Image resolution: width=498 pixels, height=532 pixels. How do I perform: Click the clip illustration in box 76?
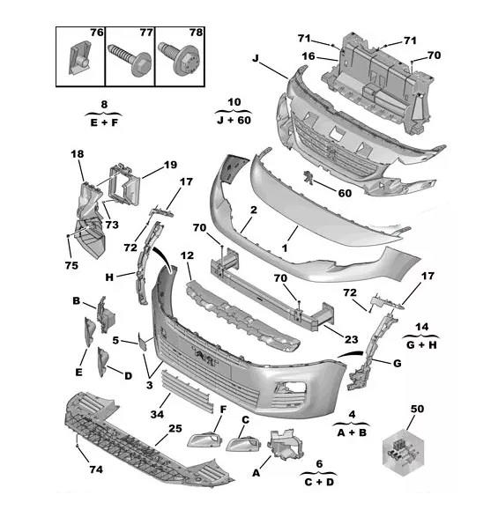[x=80, y=57]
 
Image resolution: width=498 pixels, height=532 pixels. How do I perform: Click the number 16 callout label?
[x=308, y=56]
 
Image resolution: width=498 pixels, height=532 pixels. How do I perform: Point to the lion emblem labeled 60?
[x=308, y=177]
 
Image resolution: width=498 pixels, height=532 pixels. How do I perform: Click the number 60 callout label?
[x=345, y=193]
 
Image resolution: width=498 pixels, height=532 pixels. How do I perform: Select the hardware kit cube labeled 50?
[x=404, y=452]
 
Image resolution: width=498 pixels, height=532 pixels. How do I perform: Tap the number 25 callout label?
[x=175, y=429]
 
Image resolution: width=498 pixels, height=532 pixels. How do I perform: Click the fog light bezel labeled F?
[x=204, y=440]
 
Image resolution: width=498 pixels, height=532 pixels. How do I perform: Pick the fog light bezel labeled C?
[x=243, y=443]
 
